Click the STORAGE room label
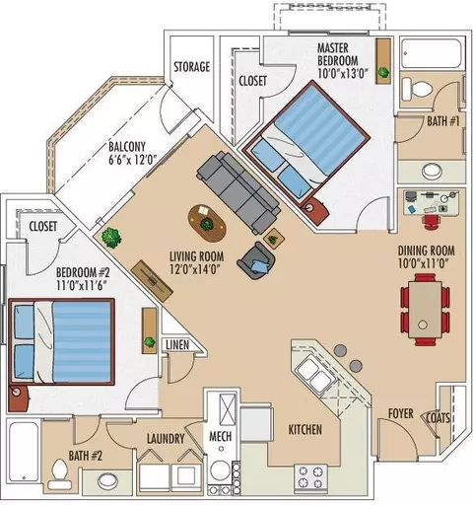[191, 67]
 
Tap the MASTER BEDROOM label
[338, 54]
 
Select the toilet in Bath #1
[417, 89]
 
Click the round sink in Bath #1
[432, 171]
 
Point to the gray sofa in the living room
[239, 191]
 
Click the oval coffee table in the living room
[207, 224]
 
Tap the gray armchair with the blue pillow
[256, 260]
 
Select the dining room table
[425, 310]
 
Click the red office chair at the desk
[432, 221]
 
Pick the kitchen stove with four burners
[310, 477]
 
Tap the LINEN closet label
[177, 344]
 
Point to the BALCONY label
[127, 146]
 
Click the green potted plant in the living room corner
[111, 236]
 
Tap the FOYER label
[401, 413]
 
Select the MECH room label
[221, 437]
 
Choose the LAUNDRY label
[166, 439]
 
